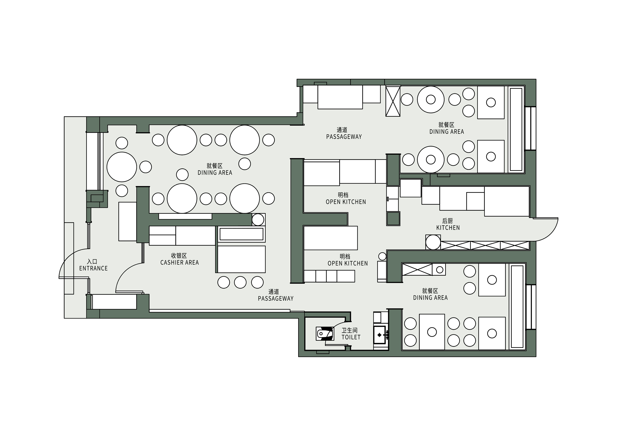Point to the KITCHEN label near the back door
pos(448,228)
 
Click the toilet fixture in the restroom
pos(325,334)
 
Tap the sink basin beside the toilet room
pos(379,335)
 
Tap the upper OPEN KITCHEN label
pos(346,202)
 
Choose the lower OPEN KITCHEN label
pos(348,263)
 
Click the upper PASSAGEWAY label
pos(344,137)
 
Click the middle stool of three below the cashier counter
pos(240,282)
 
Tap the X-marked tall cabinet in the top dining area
pos(393,101)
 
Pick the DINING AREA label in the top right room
pos(447,131)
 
